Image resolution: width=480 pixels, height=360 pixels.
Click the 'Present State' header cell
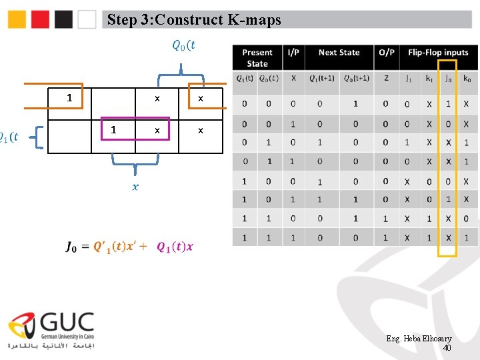click(257, 58)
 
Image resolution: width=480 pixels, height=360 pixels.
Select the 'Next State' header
click(339, 53)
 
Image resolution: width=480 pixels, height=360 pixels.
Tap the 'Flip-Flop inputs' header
click(438, 53)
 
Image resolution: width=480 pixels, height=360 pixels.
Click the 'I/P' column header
click(293, 53)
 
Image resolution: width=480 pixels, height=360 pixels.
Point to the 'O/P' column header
click(386, 53)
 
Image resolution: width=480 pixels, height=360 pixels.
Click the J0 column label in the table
click(447, 79)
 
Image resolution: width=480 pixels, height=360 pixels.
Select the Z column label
click(386, 79)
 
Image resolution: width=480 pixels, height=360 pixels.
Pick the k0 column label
click(467, 79)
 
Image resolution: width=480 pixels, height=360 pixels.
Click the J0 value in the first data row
click(448, 104)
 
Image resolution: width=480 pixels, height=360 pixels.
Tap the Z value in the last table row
click(386, 238)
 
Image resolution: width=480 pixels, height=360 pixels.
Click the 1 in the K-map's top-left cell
click(69, 98)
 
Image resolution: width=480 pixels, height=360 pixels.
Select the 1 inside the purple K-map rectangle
click(113, 130)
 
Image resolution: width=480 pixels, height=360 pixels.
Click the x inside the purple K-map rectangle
click(157, 131)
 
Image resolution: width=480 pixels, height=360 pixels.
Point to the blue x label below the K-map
click(135, 187)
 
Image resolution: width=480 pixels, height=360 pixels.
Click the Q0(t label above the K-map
click(183, 45)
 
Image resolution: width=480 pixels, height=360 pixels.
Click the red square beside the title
click(41, 19)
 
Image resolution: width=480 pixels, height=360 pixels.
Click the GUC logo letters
click(67, 325)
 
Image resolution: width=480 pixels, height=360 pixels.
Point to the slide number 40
click(447, 348)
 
